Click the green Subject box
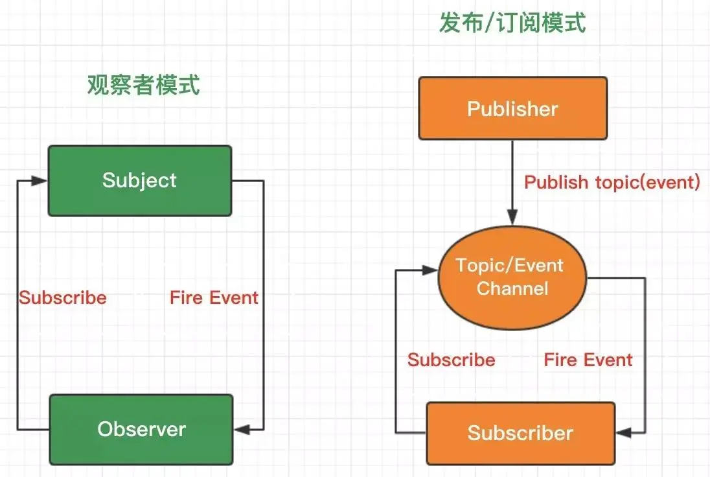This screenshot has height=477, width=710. coord(140,180)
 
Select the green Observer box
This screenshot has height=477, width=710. coord(141,429)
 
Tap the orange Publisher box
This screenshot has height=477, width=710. coord(512,108)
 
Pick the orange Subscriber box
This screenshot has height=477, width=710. coord(520,433)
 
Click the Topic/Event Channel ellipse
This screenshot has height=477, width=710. coord(512,277)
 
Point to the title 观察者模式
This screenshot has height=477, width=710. coord(144,85)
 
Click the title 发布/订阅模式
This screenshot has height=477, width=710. coord(512,23)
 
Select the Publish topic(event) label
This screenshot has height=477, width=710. coord(612,183)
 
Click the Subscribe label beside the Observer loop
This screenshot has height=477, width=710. coord(63,297)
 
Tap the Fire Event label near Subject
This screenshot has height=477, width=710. coord(214,297)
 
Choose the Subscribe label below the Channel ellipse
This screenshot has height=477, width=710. coord(451,360)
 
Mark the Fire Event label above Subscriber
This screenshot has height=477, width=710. coord(588,360)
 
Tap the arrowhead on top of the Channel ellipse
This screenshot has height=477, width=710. coord(512,220)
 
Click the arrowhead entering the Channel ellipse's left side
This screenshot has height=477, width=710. coord(433,268)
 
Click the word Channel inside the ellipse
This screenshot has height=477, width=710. coord(512,288)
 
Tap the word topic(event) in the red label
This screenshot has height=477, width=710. coord(648,183)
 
